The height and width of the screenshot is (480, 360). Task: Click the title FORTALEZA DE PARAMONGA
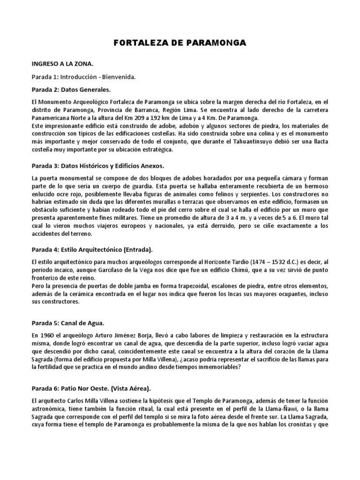[180, 43]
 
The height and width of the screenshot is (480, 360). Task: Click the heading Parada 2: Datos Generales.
[71, 89]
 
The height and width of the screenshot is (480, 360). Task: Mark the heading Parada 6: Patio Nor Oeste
[92, 389]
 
